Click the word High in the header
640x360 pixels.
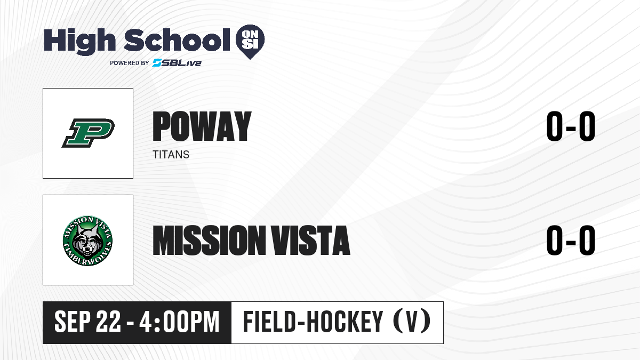point(79,41)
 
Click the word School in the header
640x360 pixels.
point(177,40)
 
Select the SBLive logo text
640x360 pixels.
point(177,63)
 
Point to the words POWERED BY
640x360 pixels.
point(130,63)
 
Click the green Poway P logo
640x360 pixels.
point(88,133)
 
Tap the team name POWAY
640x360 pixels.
point(202,126)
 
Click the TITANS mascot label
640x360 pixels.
point(171,155)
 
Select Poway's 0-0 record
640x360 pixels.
point(571,126)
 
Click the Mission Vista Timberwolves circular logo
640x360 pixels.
point(87,241)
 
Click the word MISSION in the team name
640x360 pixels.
point(210,240)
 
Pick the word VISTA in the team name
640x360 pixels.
point(310,240)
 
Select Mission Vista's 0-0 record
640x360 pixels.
point(571,240)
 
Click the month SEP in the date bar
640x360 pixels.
point(73,322)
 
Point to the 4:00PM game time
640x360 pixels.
point(179,322)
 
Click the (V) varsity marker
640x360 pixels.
point(412,322)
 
